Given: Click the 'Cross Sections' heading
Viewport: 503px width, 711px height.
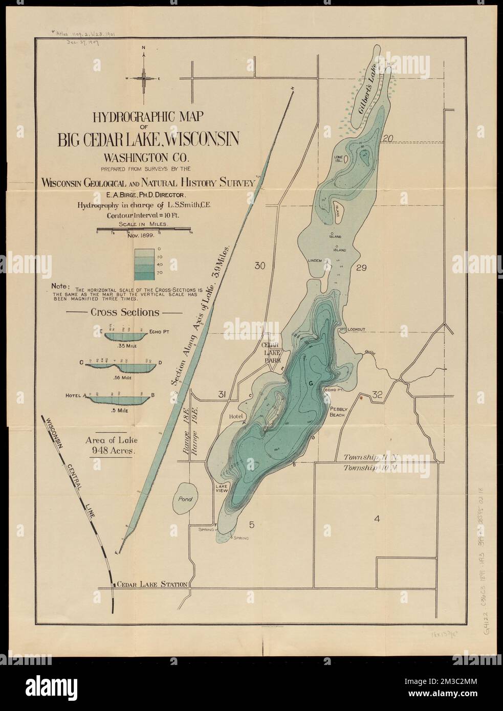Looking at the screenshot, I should (125, 312).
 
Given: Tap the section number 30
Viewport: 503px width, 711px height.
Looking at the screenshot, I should (260, 265).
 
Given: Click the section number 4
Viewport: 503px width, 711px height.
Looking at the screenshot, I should (377, 520).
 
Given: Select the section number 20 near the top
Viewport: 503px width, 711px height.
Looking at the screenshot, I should (388, 139).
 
